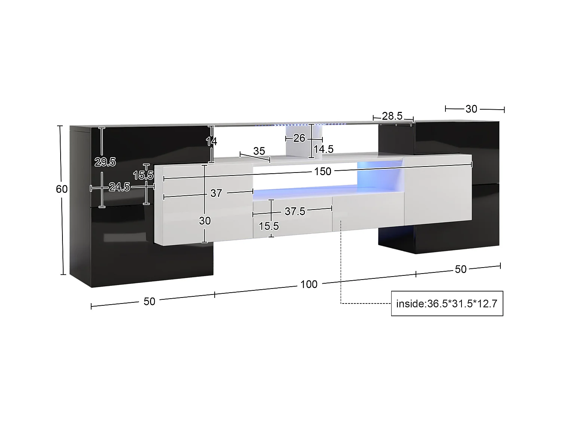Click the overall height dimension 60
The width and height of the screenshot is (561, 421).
[62, 189]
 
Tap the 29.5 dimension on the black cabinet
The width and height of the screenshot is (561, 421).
[105, 162]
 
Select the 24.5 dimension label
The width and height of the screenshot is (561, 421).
[119, 187]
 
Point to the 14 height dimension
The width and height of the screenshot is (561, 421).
[211, 141]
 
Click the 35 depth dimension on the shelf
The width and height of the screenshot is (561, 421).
[259, 151]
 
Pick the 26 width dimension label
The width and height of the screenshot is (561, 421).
[299, 138]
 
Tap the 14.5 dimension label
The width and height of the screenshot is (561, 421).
[323, 149]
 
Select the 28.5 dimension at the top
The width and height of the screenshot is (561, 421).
[392, 116]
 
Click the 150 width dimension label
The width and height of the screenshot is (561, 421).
[322, 171]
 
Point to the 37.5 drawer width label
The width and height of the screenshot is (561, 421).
[295, 211]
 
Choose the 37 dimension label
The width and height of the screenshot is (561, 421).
[216, 193]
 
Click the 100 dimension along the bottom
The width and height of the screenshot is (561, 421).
[309, 284]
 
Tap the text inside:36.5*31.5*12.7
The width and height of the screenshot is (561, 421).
[447, 303]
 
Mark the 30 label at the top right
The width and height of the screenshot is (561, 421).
[471, 109]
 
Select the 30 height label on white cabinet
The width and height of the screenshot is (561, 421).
[205, 221]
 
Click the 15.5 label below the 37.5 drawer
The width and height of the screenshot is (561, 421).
[269, 226]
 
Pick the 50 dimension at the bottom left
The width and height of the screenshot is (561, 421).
[149, 301]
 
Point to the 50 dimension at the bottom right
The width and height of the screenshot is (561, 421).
[460, 269]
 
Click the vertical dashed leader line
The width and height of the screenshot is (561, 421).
[341, 262]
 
